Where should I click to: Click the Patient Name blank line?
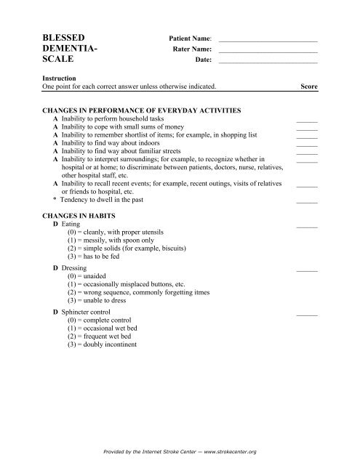coord(268,40)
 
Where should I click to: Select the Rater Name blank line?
coord(268,52)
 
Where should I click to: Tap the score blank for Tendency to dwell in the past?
coord(308,201)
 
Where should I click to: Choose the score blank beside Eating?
coord(308,228)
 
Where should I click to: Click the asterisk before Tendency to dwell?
coord(55,199)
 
